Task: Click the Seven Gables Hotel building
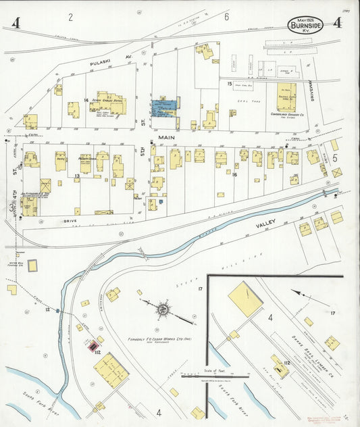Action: pyautogui.click(x=108, y=103)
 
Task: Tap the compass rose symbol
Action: pyautogui.click(x=162, y=310)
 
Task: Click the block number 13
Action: pyautogui.click(x=78, y=176)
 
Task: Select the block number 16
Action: pyautogui.click(x=234, y=174)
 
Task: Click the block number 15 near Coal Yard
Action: pyautogui.click(x=230, y=83)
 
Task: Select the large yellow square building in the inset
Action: pyautogui.click(x=245, y=299)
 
